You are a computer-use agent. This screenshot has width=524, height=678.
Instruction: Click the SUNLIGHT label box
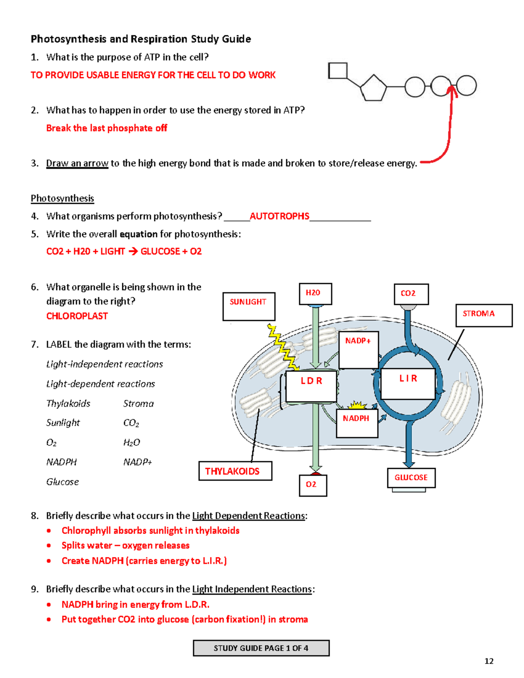249,306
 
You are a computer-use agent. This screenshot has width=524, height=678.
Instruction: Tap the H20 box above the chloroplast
315,293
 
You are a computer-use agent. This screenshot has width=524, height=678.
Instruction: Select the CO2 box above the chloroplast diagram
411,294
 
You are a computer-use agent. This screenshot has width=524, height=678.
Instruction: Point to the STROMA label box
483,315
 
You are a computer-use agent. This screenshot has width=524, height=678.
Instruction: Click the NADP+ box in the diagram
359,349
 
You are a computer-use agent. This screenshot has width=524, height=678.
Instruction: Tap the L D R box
311,386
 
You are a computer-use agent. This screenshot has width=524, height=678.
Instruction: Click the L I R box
408,383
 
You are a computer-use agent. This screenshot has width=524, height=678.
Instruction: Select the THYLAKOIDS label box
235,471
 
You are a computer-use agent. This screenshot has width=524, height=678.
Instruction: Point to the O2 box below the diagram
313,485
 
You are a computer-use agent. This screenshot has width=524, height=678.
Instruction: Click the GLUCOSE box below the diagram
411,478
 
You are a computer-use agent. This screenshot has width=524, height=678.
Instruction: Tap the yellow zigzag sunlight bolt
283,348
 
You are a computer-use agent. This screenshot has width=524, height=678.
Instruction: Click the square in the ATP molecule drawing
338,71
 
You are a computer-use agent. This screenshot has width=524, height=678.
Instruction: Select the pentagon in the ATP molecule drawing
373,88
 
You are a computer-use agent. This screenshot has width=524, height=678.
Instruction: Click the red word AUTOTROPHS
279,216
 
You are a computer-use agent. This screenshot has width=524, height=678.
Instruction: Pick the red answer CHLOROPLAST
77,316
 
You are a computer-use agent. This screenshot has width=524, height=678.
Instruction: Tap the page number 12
489,661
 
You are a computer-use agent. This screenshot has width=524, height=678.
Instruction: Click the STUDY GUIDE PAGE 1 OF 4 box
261,648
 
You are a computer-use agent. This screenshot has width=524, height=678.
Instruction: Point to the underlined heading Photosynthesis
62,198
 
